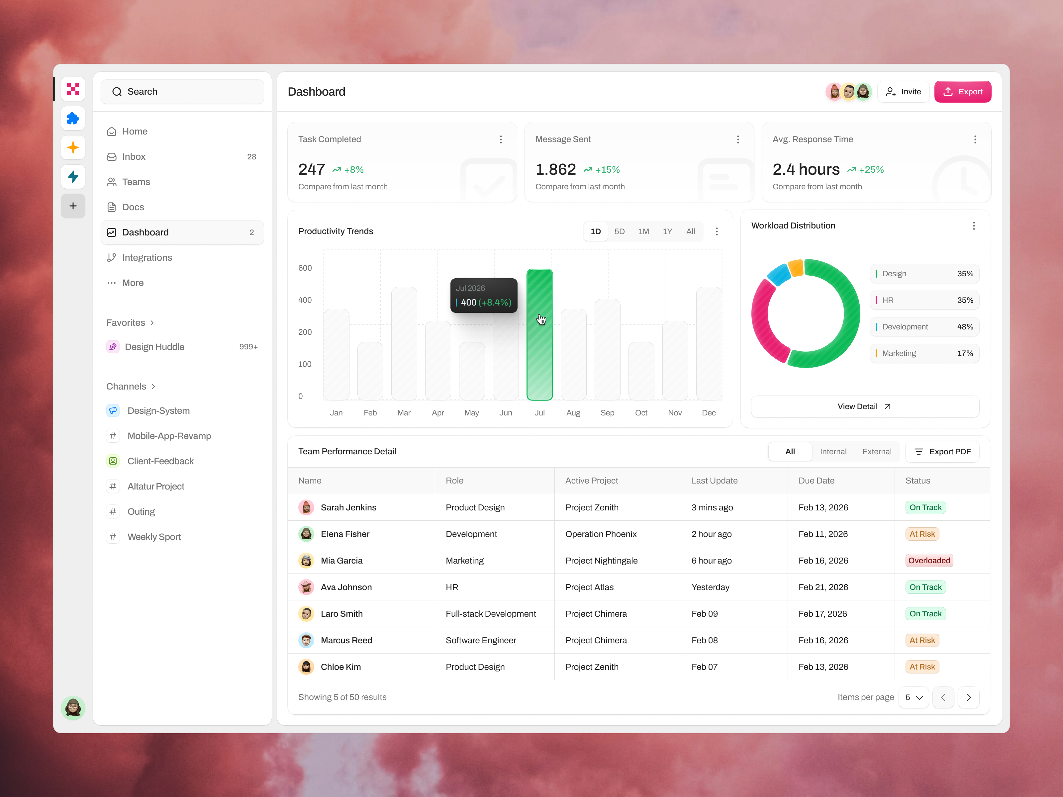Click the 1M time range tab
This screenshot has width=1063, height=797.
click(643, 231)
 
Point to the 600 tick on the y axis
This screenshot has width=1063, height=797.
click(305, 268)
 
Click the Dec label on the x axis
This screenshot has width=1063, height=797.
click(708, 413)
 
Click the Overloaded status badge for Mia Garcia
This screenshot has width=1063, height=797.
click(928, 561)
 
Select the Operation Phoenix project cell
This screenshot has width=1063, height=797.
click(601, 534)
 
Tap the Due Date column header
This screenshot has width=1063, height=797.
click(816, 481)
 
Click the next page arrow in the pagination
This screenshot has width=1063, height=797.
click(968, 698)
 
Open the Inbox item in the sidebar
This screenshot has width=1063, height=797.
click(134, 157)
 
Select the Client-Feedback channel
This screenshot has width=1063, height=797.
click(160, 461)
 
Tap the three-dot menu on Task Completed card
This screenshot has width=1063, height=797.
click(501, 139)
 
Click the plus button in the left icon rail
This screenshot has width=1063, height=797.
click(73, 206)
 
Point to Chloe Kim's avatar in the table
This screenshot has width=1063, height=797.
click(306, 667)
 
